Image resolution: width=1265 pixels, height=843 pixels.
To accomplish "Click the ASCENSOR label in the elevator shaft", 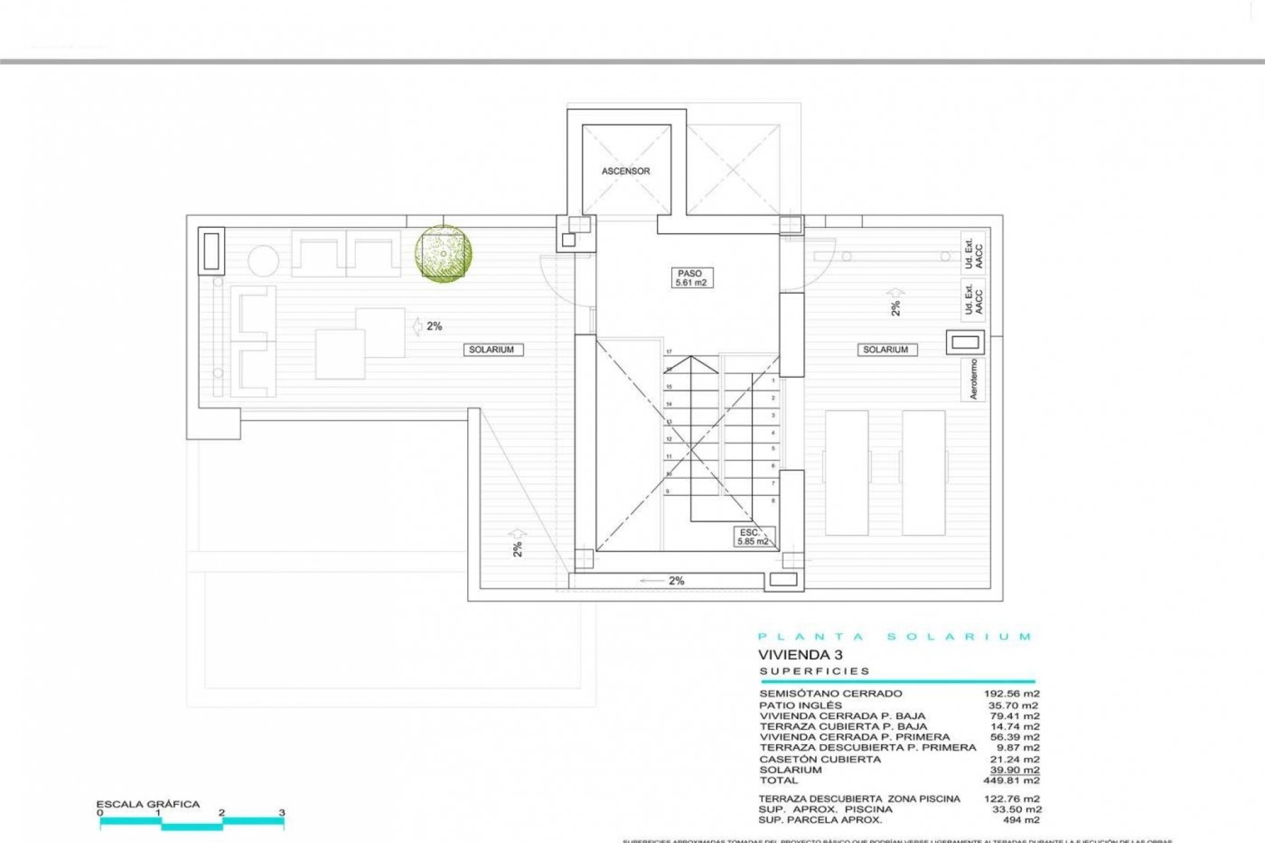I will [625, 171].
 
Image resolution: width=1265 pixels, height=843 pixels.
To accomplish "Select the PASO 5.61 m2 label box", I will [690, 278].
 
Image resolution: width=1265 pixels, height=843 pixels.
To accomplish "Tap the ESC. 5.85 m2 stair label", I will [753, 537].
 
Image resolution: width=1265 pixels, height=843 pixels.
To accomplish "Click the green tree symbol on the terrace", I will [443, 254].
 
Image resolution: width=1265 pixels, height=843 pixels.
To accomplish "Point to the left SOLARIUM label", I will [492, 350].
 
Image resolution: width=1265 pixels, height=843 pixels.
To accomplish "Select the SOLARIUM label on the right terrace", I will [885, 350].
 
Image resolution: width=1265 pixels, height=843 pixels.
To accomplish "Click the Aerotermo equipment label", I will [973, 379].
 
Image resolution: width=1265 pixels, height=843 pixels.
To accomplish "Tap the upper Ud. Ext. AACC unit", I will [973, 252].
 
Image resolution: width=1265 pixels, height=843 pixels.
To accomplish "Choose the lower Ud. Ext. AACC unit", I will [973, 298].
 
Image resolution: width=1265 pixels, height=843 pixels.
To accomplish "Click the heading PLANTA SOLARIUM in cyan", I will [895, 637].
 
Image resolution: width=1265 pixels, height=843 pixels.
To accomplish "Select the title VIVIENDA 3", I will [800, 655].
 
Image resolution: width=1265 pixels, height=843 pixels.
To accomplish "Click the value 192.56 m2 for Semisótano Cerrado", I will [1011, 693].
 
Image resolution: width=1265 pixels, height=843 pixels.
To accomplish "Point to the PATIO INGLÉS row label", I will [801, 705].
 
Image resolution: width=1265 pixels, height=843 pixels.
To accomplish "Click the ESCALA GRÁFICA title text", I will [148, 804].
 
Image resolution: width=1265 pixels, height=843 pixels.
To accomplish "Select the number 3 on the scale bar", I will [281, 813].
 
